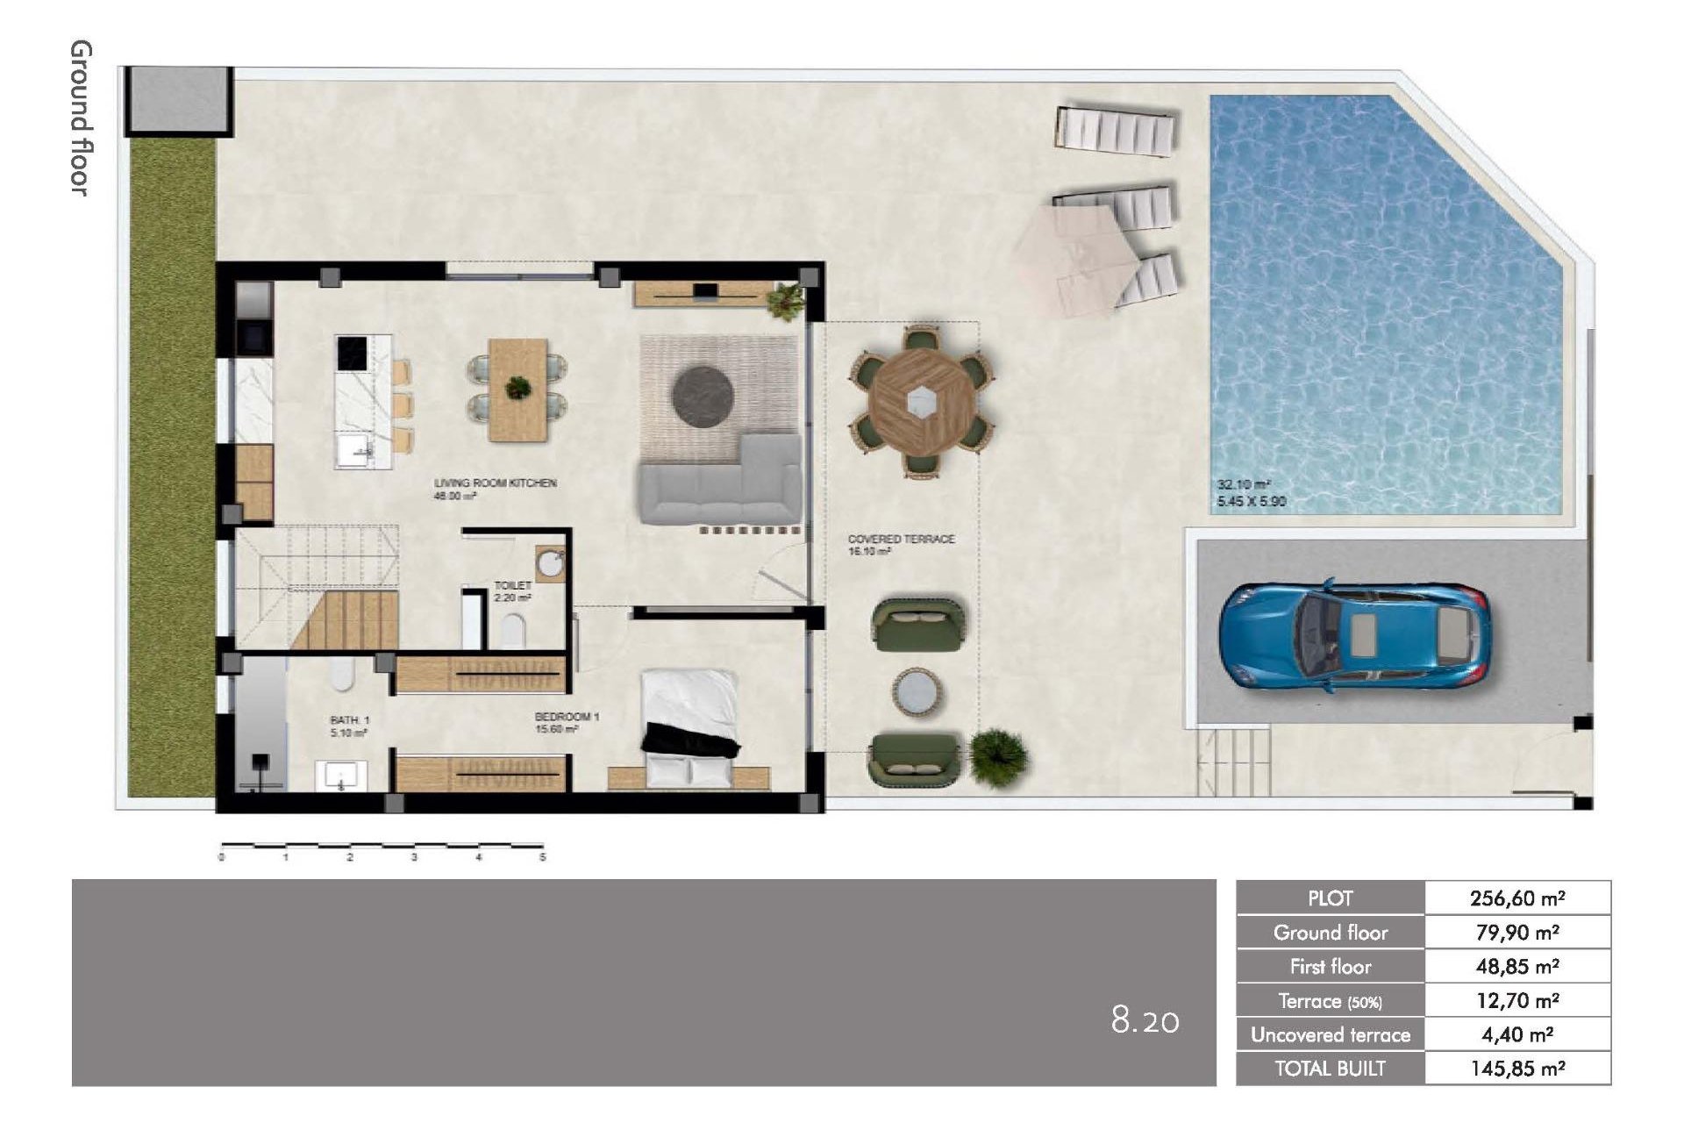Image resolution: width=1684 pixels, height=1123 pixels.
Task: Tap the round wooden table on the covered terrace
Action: tap(920, 403)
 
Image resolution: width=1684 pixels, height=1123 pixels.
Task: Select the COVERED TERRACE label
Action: tap(900, 539)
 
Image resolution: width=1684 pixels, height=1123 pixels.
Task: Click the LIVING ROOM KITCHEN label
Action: tap(495, 483)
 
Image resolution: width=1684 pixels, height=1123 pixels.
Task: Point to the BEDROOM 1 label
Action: tap(567, 717)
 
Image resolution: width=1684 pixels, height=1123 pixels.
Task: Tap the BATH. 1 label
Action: tap(349, 720)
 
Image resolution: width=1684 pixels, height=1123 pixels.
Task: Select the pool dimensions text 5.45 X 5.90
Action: tap(1251, 502)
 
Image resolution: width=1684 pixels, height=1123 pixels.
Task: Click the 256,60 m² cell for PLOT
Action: tap(1516, 898)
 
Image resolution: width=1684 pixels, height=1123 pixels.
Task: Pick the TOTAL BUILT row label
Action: tap(1330, 1069)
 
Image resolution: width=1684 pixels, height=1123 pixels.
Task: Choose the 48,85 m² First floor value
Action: tap(1516, 966)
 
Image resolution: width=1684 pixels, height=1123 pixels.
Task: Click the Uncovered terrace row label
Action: tap(1330, 1034)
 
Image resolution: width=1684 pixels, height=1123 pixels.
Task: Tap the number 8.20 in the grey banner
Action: tap(1145, 1020)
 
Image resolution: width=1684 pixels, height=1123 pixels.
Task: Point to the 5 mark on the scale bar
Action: tap(542, 857)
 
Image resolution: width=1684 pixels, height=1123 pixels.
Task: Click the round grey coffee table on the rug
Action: tap(703, 395)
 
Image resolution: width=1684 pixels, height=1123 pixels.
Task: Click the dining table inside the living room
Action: tap(518, 390)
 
